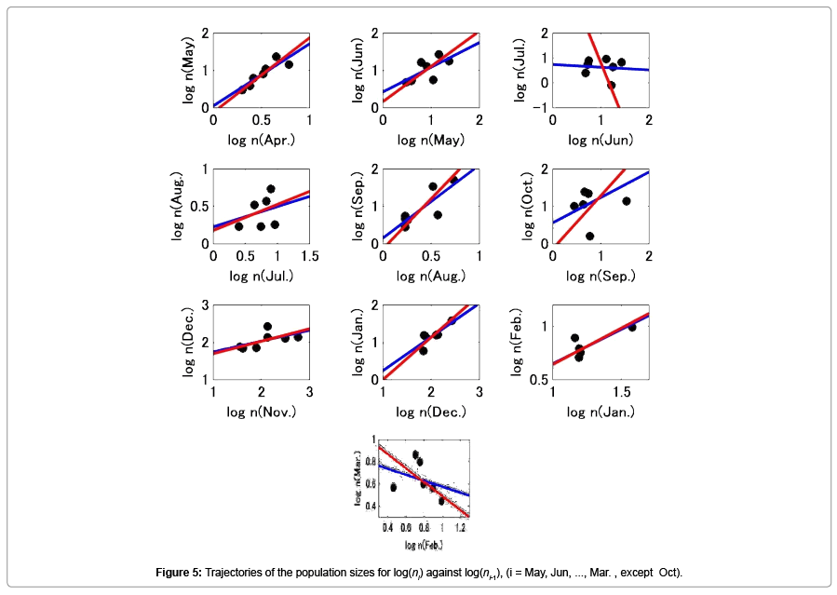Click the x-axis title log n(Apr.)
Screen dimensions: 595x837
coord(261,140)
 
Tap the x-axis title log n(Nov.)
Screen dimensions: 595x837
coord(261,412)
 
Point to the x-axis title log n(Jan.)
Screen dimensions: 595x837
coord(601,412)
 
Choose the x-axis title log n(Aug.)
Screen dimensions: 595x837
coord(430,276)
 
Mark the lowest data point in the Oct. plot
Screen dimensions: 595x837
coord(589,236)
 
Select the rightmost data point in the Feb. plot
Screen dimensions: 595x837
coord(632,327)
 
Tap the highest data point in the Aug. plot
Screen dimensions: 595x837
coord(271,189)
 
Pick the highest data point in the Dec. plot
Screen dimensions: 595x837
coord(267,327)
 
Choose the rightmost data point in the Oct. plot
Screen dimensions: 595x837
coord(626,201)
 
